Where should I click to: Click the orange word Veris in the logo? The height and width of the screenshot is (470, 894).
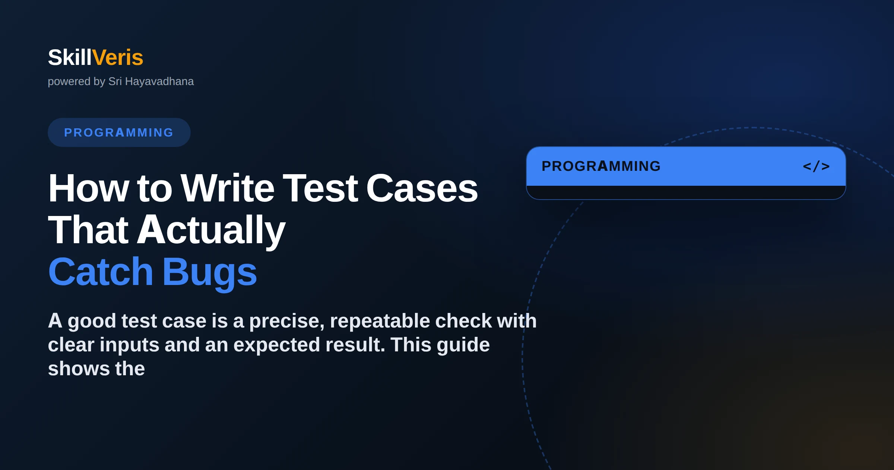118,57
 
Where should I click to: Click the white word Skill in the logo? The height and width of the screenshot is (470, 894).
70,57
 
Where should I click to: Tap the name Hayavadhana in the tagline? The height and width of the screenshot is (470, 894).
159,82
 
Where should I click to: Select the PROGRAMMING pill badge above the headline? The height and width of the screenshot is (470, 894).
119,132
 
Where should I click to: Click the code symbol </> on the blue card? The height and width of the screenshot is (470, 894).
816,166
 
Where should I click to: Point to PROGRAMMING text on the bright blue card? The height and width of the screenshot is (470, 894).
601,166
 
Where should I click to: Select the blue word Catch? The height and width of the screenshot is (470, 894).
101,272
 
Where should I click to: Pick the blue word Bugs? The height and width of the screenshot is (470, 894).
210,273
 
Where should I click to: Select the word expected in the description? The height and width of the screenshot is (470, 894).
277,345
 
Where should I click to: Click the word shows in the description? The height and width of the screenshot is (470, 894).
79,369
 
